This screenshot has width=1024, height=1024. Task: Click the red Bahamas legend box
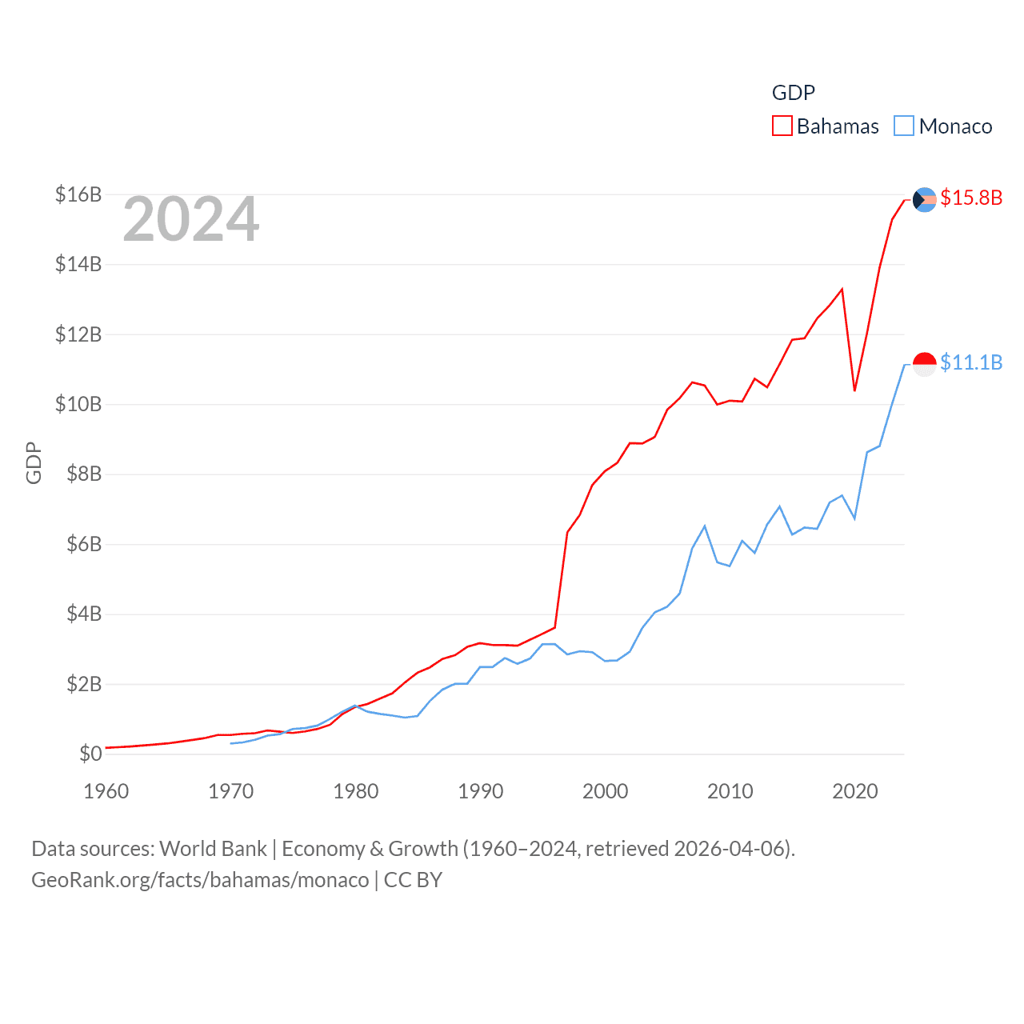782,126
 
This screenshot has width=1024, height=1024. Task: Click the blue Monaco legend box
904,126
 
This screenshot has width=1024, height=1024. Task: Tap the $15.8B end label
971,198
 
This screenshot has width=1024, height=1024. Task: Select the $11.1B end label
971,362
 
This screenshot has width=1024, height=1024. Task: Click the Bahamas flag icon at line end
924,199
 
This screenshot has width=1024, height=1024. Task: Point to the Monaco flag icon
924,364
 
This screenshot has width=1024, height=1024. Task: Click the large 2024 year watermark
190,219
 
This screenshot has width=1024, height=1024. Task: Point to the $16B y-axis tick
78,194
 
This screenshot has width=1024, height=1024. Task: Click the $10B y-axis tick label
78,404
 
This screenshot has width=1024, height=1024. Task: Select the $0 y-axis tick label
90,754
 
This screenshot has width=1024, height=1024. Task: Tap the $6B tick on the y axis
84,544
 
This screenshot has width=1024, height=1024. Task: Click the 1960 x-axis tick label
106,791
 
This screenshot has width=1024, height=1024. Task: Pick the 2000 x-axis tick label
605,791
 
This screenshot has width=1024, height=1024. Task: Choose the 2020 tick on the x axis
854,791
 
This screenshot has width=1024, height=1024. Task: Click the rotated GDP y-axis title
34,462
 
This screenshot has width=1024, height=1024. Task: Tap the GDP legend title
793,93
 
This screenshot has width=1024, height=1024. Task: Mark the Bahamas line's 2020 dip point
854,390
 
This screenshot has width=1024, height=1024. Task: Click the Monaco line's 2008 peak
705,526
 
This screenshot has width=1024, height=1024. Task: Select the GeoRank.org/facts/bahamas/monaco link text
200,880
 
